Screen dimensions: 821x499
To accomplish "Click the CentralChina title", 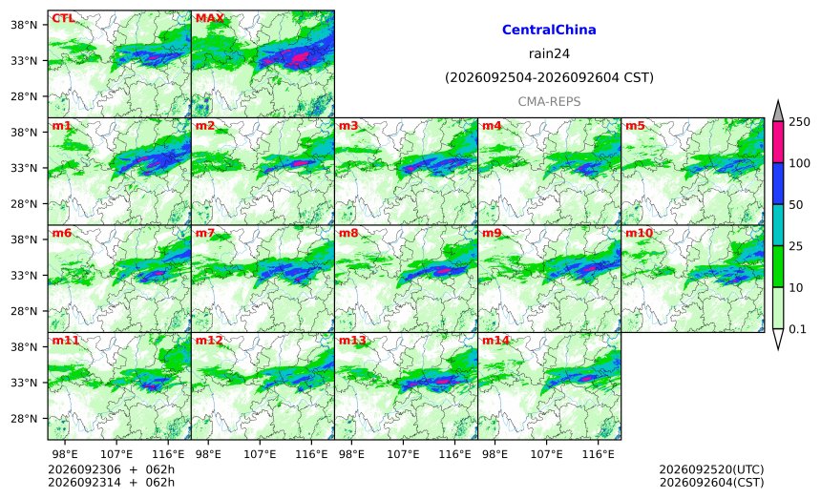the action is click(549, 30).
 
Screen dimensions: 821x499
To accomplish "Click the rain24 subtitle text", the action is click(549, 53).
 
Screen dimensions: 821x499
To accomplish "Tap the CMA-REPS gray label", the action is click(549, 101).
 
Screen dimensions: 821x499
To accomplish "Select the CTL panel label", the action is click(63, 18).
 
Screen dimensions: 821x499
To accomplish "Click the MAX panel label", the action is click(209, 18).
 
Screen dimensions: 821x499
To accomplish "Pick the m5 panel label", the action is click(635, 126).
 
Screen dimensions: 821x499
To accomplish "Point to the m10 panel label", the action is click(640, 233).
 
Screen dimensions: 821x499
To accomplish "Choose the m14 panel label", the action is click(495, 341).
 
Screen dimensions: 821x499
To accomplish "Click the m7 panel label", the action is click(205, 233).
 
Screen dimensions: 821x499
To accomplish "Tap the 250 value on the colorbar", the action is click(799, 122).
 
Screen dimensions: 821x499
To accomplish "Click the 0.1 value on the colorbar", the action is click(797, 329).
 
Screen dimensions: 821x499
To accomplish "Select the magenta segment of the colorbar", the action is click(778, 142).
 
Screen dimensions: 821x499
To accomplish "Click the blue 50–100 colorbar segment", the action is click(778, 183).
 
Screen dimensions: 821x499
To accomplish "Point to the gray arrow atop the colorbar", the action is click(778, 112).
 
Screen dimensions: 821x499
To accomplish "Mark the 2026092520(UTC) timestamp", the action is click(711, 469).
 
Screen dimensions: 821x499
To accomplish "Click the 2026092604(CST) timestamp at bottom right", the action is click(711, 482).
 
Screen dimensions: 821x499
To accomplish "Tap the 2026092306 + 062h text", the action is click(111, 469).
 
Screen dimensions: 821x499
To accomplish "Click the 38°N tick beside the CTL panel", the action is click(24, 25).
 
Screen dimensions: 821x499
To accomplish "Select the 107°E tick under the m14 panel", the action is click(547, 454).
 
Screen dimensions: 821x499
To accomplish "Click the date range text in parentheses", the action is click(549, 78).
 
